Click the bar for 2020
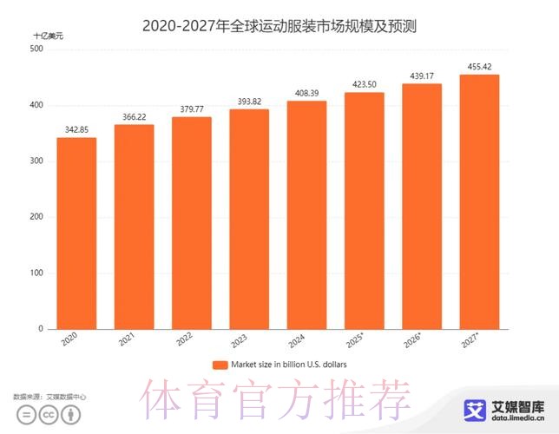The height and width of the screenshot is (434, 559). [x=76, y=233]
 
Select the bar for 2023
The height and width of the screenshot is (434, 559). [x=249, y=219]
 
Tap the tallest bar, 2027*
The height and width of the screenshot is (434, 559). [x=479, y=201]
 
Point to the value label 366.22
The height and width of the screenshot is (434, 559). [x=135, y=117]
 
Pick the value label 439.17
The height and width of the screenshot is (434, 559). [x=422, y=76]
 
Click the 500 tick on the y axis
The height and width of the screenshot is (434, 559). [x=36, y=49]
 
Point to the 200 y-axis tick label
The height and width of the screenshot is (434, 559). [x=36, y=217]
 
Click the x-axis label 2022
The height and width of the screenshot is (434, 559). [x=183, y=341]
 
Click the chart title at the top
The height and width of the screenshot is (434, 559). [x=279, y=26]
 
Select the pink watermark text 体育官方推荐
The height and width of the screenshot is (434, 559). [x=278, y=400]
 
